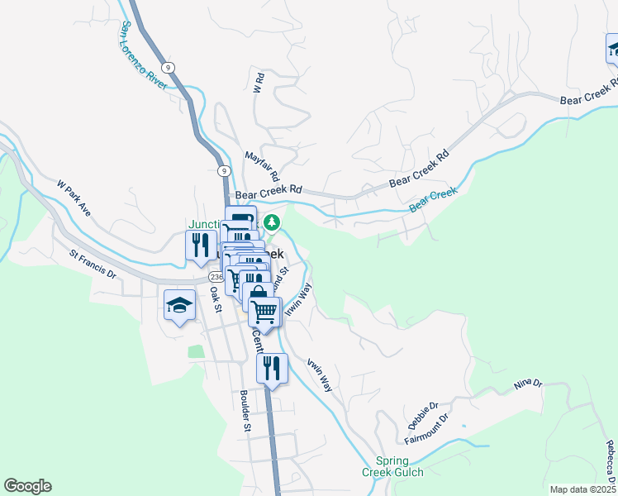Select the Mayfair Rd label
264,167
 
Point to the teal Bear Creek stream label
433,199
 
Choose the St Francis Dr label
93,265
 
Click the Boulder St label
245,411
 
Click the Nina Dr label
527,384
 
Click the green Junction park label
205,224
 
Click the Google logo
27,486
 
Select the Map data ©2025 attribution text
583,489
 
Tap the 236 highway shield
216,276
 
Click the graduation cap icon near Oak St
178,306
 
